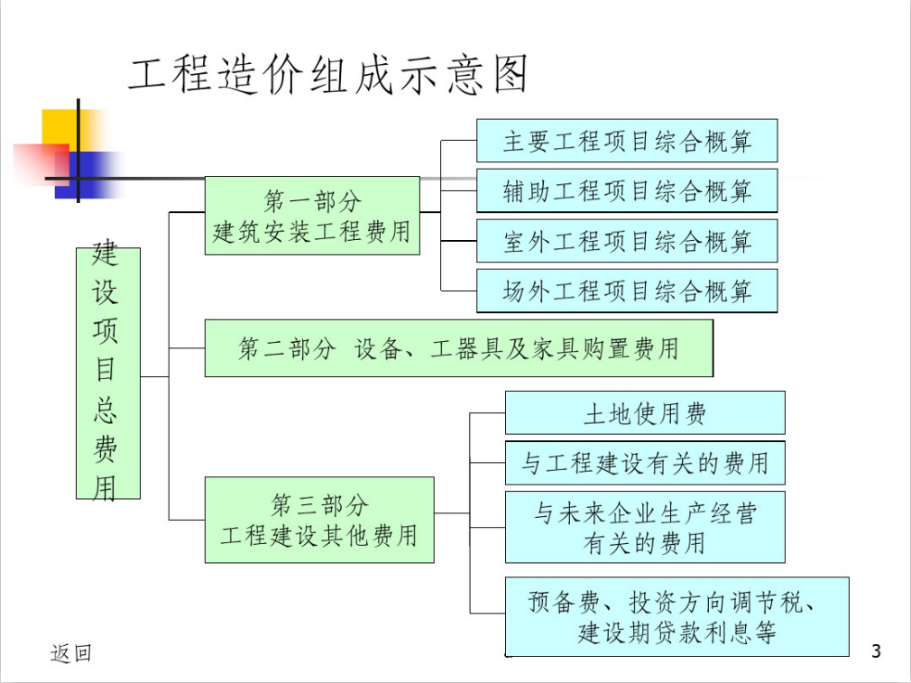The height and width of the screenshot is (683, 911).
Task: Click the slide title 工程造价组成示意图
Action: click(327, 74)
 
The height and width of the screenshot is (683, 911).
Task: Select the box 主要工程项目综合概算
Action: click(627, 141)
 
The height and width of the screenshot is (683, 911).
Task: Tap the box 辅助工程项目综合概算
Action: click(627, 190)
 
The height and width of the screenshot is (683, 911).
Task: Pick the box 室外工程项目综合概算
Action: click(627, 241)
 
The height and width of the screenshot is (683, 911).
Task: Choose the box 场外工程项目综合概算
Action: click(627, 291)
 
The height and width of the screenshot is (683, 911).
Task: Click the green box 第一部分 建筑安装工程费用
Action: click(313, 216)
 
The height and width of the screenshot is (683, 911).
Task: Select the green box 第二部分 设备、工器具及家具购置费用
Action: click(459, 348)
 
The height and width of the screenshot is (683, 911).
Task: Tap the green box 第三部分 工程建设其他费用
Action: click(319, 520)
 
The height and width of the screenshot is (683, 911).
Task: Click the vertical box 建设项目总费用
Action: click(108, 374)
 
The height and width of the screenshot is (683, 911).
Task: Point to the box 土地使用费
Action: click(645, 412)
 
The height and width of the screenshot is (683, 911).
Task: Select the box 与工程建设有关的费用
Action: click(645, 463)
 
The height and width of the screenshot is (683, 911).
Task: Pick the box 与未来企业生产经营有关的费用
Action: click(645, 527)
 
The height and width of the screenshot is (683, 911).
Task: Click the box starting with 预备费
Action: click(676, 617)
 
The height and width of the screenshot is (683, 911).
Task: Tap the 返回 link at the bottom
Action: click(71, 653)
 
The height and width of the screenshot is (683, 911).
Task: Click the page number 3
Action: click(876, 651)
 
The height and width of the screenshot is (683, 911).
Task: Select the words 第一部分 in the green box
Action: click(313, 201)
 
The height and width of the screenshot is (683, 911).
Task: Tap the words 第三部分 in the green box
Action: click(319, 504)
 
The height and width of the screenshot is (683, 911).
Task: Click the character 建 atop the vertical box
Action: click(106, 253)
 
